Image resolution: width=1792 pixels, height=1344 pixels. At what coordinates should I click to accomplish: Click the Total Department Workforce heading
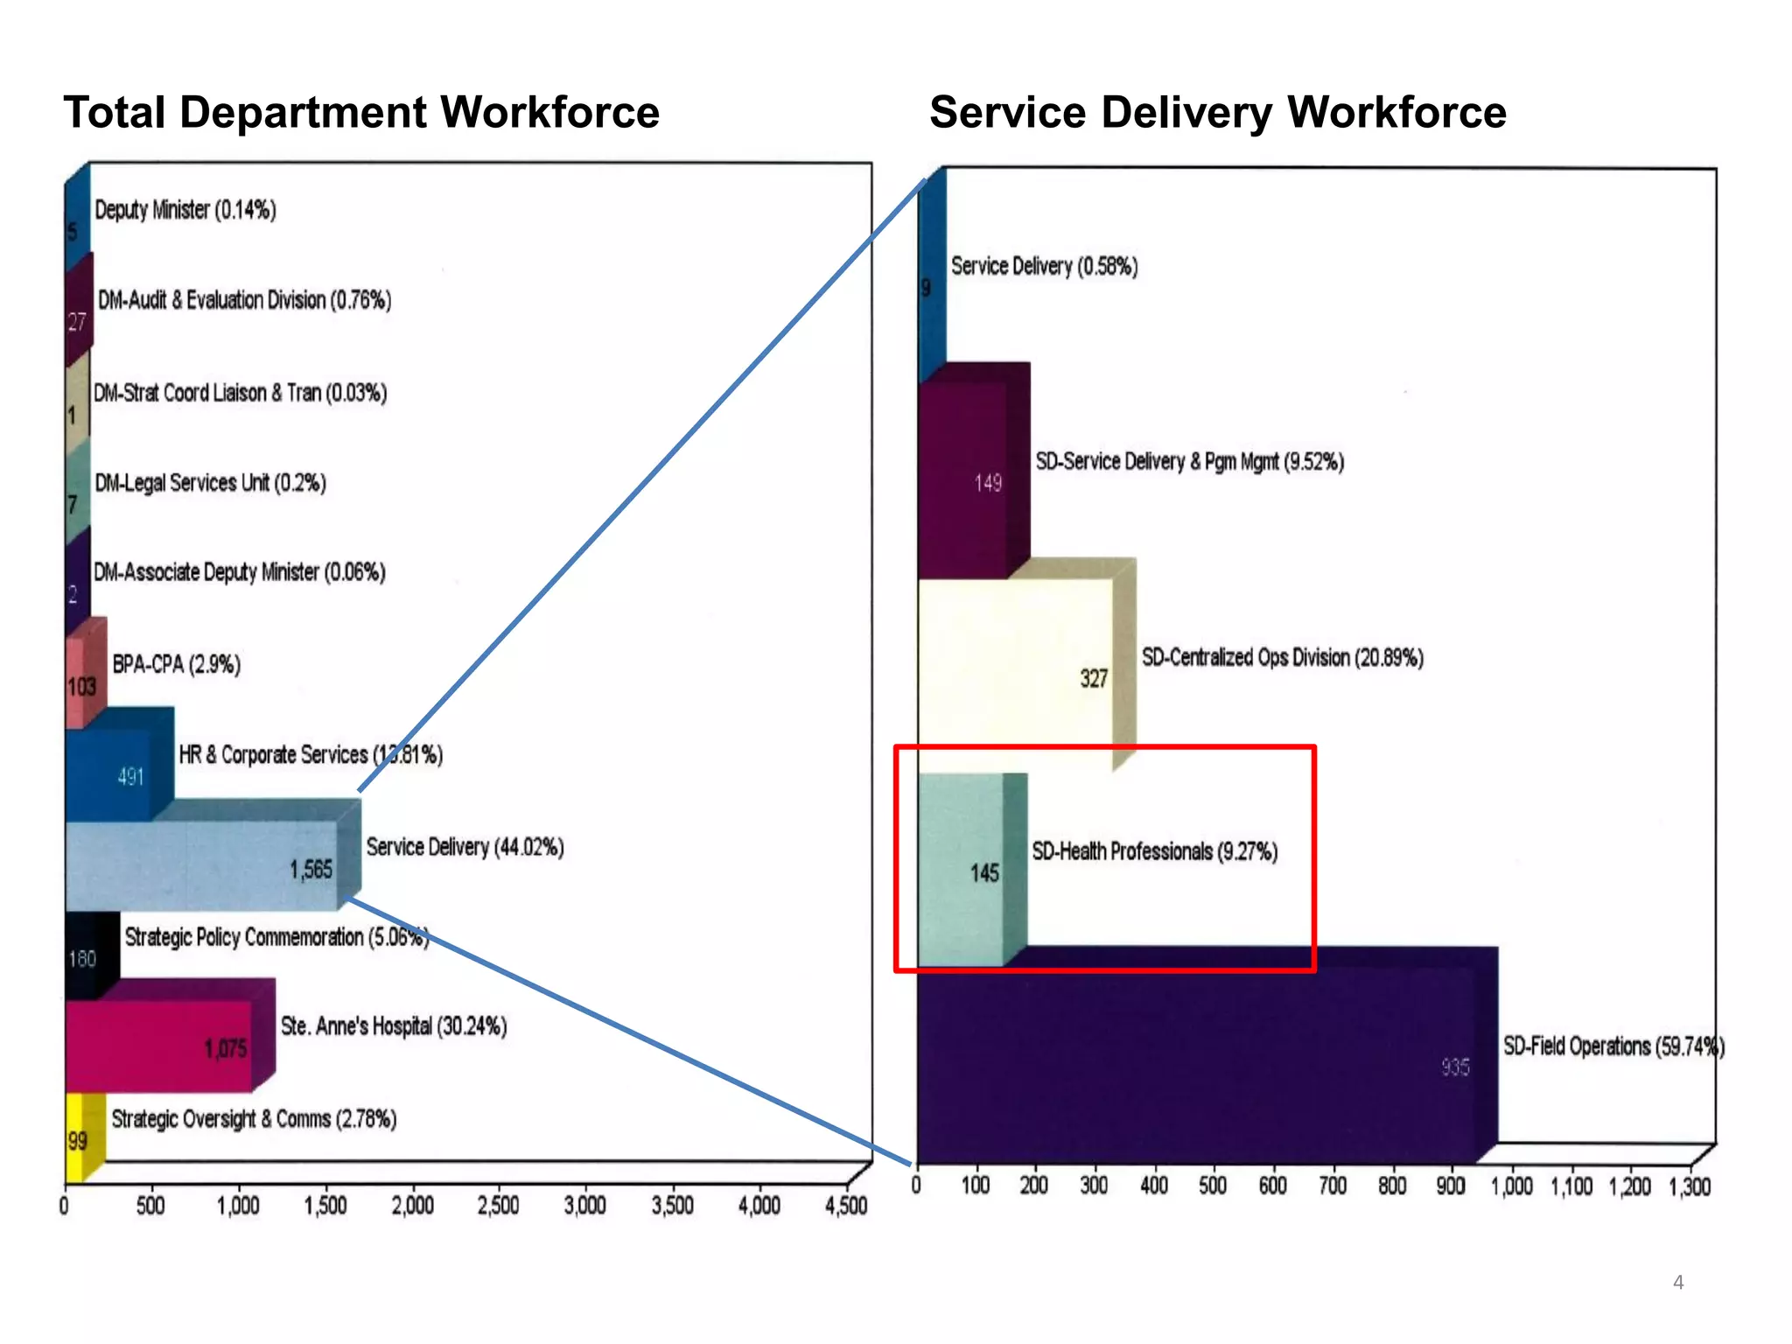coord(360,113)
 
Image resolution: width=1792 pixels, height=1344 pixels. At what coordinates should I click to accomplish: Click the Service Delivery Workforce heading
coord(1217,113)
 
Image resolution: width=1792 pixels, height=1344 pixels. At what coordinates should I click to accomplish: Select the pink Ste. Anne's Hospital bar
coord(157,1047)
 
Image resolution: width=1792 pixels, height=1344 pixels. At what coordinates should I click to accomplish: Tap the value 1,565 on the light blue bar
coord(311,869)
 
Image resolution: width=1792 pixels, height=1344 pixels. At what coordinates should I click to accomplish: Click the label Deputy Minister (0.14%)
coord(185,210)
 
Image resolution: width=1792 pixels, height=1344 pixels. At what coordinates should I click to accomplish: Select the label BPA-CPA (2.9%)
coord(176,664)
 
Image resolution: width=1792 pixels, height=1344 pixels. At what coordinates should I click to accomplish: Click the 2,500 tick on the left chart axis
coord(498,1206)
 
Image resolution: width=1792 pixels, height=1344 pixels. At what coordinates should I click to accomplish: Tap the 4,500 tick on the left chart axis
coord(845,1206)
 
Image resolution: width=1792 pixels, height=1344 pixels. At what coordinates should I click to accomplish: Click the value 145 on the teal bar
coord(984,872)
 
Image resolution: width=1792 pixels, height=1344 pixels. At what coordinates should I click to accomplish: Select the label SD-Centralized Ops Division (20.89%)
coord(1282,657)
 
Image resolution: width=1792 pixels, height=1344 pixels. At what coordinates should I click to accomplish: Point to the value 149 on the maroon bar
coord(988,483)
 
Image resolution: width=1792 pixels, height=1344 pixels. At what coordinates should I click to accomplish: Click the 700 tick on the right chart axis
coord(1332,1186)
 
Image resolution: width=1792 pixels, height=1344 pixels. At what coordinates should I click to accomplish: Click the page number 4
coord(1677,1282)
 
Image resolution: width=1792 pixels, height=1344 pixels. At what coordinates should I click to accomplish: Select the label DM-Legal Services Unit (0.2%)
coord(210,483)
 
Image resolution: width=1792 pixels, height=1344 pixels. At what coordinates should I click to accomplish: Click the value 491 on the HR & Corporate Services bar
coord(130,777)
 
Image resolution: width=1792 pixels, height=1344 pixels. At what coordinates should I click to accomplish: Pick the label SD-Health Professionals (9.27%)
coord(1154,851)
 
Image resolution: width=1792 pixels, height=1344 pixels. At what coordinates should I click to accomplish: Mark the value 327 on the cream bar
coord(1094,678)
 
